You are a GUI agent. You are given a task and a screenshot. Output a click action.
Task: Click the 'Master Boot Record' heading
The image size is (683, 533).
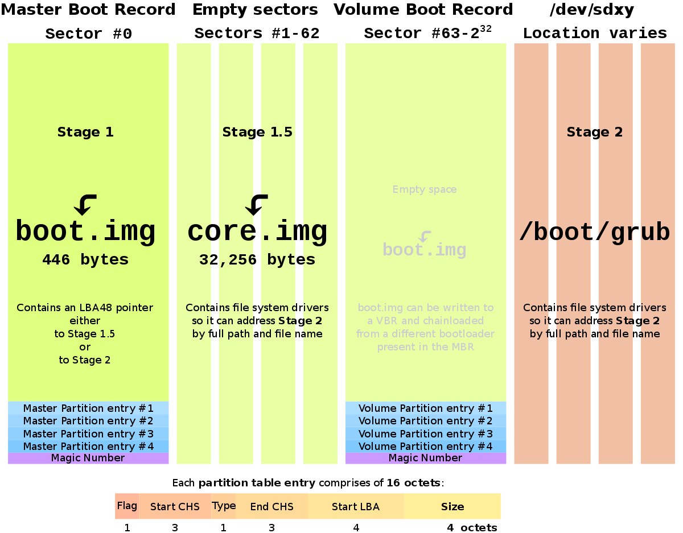click(x=88, y=10)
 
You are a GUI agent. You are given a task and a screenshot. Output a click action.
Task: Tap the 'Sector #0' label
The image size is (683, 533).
click(x=88, y=34)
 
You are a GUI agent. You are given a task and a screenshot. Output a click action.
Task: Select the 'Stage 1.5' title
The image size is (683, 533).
click(x=257, y=132)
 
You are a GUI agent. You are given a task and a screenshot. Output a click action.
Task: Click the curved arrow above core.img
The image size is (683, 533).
click(x=257, y=205)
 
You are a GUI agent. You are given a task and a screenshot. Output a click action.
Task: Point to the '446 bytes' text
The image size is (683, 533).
click(x=85, y=260)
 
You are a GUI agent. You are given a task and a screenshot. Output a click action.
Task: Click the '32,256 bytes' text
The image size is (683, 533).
click(x=257, y=260)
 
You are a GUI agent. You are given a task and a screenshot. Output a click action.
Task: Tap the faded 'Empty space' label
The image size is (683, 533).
click(x=425, y=189)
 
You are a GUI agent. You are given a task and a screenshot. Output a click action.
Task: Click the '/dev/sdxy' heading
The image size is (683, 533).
click(x=592, y=10)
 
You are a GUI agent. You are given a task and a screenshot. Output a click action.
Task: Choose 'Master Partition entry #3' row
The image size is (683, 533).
click(x=88, y=434)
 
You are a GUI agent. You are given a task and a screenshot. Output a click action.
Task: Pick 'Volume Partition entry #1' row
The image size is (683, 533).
click(x=426, y=408)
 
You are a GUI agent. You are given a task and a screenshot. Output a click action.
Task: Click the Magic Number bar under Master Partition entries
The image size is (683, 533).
click(x=88, y=458)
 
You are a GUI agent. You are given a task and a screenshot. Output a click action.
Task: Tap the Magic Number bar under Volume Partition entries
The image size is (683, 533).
click(x=426, y=458)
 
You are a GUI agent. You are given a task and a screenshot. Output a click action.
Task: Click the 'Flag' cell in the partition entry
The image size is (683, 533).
click(x=127, y=506)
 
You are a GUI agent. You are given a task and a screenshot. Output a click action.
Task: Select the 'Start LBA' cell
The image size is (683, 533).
click(x=356, y=506)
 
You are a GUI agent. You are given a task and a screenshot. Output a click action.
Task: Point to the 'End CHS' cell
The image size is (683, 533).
click(x=271, y=506)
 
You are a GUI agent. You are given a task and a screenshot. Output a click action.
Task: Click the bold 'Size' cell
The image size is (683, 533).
click(x=452, y=506)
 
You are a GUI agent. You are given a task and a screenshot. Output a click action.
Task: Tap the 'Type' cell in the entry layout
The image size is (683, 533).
click(x=224, y=506)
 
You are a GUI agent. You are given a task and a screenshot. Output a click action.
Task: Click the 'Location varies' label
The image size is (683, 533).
click(x=595, y=34)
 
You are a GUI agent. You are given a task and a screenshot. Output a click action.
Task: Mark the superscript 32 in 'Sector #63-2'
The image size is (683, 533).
click(x=485, y=29)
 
